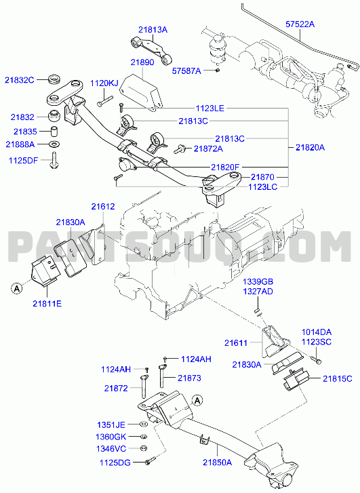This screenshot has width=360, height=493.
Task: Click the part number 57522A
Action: pyautogui.click(x=300, y=24)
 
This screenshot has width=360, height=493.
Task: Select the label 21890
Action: pyautogui.click(x=142, y=62)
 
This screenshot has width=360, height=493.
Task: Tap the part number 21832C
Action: pyautogui.click(x=19, y=80)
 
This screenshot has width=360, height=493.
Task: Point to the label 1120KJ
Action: pyautogui.click(x=104, y=83)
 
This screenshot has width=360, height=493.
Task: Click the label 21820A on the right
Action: pyautogui.click(x=310, y=147)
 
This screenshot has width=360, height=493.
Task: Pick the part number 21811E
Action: pyautogui.click(x=47, y=304)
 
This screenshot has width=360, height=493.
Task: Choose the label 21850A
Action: pyautogui.click(x=217, y=462)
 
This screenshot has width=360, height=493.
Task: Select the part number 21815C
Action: pyautogui.click(x=338, y=379)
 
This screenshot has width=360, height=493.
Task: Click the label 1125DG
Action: pyautogui.click(x=115, y=462)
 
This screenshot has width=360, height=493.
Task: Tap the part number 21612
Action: pyautogui.click(x=103, y=207)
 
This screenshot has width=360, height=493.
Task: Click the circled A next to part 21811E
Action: pyautogui.click(x=17, y=288)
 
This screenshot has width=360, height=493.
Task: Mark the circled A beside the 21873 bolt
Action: pyautogui.click(x=197, y=400)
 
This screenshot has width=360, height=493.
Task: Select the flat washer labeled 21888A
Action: pyautogui.click(x=55, y=144)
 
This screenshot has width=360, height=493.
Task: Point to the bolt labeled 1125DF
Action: pyautogui.click(x=54, y=160)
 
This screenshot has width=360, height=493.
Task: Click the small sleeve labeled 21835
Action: pyautogui.click(x=55, y=131)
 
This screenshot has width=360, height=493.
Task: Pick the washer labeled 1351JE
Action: pyautogui.click(x=142, y=425)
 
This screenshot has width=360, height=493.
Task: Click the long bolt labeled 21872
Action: pyautogui.click(x=142, y=387)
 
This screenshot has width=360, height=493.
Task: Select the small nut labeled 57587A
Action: pyautogui.click(x=218, y=70)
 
